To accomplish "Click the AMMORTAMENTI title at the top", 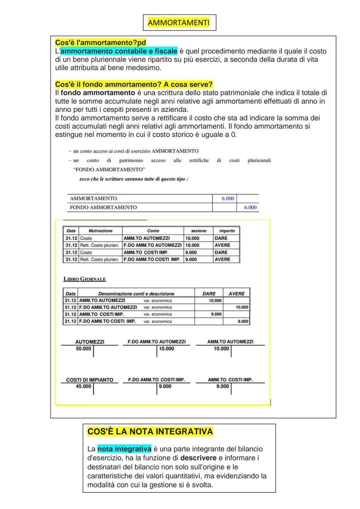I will click(179, 23).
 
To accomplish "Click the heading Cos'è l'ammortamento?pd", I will click(100, 43).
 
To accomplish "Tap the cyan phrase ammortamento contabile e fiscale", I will click(119, 51).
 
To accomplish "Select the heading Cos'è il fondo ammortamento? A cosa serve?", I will click(134, 84).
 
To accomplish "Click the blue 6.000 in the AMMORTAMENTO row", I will click(228, 198).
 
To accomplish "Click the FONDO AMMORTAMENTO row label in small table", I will click(103, 207).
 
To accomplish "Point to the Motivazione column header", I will click(100, 231).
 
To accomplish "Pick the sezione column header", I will click(198, 231).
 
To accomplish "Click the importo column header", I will click(227, 231).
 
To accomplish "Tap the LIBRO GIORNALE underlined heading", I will click(85, 279).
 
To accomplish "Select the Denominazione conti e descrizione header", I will click(136, 294).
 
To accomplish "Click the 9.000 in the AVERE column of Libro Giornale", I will click(243, 321).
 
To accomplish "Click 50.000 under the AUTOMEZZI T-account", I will click(83, 349).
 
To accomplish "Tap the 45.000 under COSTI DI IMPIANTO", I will click(83, 386).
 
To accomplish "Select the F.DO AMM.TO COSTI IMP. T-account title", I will click(156, 380).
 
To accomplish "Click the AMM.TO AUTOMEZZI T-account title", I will click(230, 342).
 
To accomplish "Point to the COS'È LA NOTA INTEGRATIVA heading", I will click(150, 432).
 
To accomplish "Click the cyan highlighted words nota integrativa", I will click(124, 449).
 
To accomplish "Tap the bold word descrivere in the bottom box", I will click(198, 458).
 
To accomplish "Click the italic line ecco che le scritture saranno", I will click(134, 179).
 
